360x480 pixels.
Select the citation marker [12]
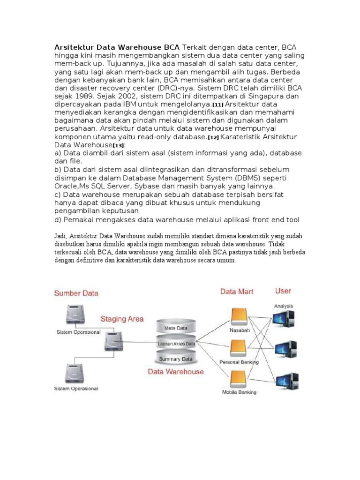(x=213, y=137)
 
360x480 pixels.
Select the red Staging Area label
(x=122, y=319)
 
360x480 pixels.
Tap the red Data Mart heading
(x=237, y=292)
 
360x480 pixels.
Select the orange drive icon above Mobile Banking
(x=239, y=379)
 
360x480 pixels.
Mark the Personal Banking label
(x=239, y=362)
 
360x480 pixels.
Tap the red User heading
(x=283, y=291)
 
